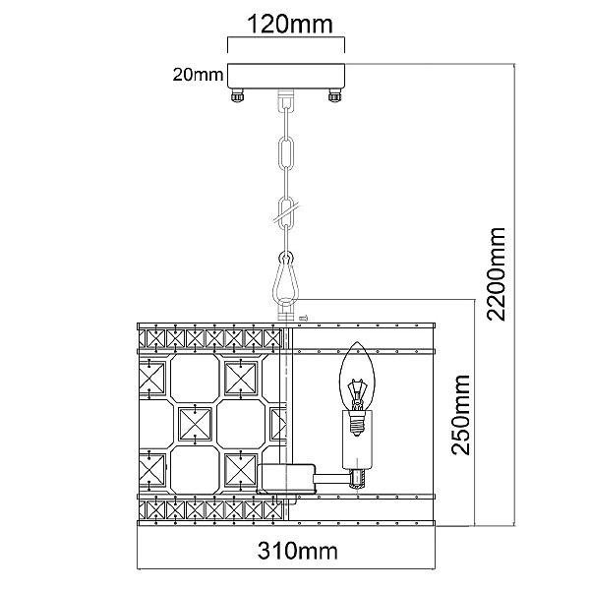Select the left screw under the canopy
pyautogui.click(x=237, y=95)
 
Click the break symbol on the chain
pyautogui.click(x=286, y=208)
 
